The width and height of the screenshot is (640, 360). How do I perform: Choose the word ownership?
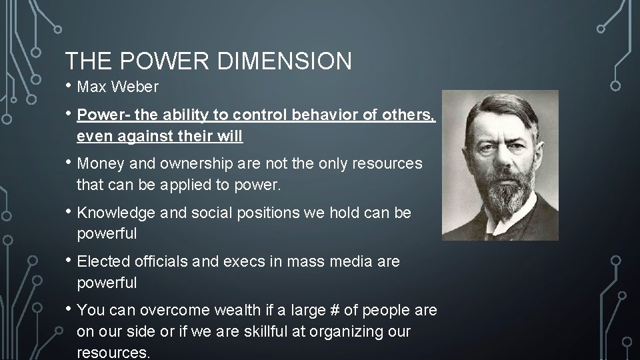tap(194, 163)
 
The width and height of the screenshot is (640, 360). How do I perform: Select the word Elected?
tap(103, 262)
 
